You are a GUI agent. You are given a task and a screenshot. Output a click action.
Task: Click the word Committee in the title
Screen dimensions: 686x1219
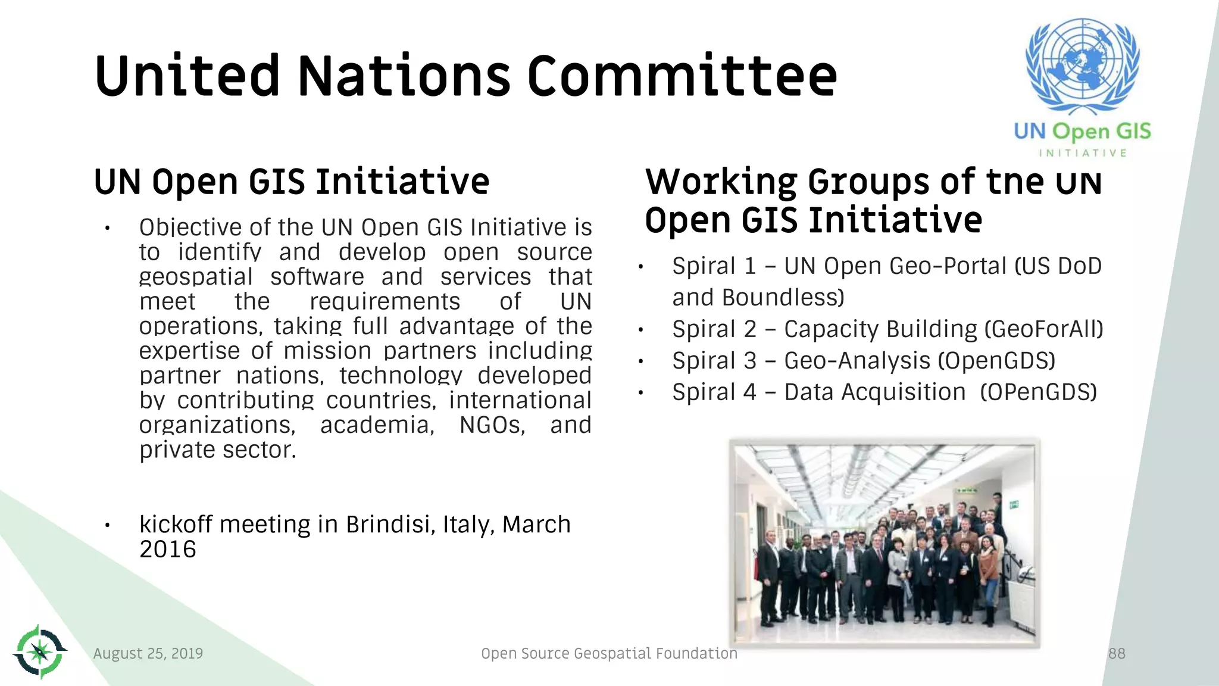pyautogui.click(x=682, y=76)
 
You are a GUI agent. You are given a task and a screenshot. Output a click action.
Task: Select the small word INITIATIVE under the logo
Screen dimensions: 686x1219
pyautogui.click(x=1083, y=153)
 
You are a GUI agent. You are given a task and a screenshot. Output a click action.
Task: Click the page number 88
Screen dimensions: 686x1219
pyautogui.click(x=1117, y=653)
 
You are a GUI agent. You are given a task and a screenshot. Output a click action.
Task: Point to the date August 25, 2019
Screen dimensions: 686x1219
pyautogui.click(x=148, y=653)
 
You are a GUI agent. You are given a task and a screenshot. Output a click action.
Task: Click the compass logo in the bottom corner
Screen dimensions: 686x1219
pyautogui.click(x=40, y=651)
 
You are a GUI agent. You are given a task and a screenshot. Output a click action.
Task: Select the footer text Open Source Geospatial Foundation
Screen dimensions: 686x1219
pyautogui.click(x=609, y=653)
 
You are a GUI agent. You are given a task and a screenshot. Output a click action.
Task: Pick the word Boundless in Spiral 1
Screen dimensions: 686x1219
pyautogui.click(x=782, y=297)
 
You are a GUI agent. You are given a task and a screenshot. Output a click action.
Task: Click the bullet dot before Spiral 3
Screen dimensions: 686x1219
pyautogui.click(x=641, y=361)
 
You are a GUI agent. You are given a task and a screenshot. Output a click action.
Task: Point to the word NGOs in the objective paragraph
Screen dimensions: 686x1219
pyautogui.click(x=492, y=425)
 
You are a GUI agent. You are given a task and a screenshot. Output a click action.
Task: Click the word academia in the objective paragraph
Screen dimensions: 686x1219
pyautogui.click(x=377, y=425)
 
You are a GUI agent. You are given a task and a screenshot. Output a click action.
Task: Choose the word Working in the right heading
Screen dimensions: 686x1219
pyautogui.click(x=721, y=182)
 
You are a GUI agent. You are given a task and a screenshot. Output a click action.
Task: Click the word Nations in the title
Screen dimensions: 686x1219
pyautogui.click(x=404, y=76)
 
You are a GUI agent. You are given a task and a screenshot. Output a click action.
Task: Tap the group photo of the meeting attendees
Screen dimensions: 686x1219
pyautogui.click(x=884, y=543)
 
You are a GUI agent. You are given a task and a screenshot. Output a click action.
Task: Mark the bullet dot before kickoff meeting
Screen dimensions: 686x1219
pyautogui.click(x=107, y=525)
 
